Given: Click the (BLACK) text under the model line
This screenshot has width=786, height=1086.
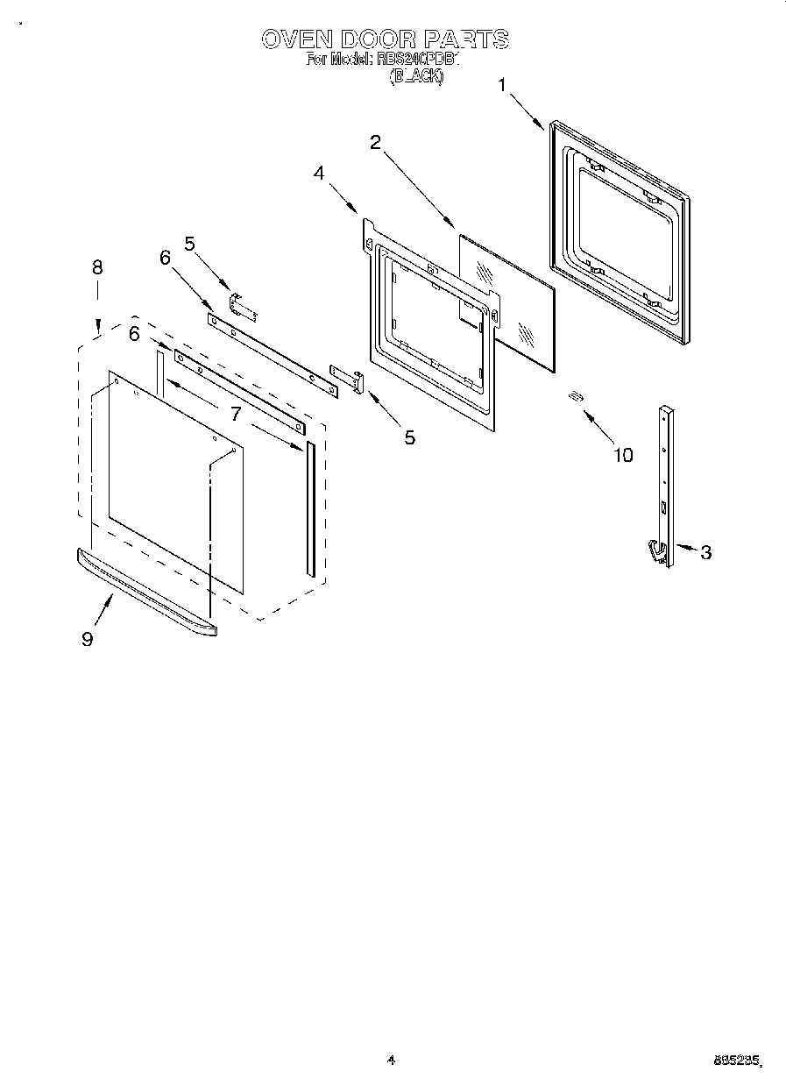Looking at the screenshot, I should coord(417,76).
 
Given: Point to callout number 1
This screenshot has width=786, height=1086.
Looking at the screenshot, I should coord(502,85).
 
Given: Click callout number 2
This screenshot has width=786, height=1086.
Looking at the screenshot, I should coord(375,143).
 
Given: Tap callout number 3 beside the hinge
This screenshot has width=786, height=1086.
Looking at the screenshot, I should coord(705,552).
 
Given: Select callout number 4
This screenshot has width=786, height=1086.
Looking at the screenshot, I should coord(319,173).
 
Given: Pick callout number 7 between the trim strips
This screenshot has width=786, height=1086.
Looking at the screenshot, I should coord(236,413).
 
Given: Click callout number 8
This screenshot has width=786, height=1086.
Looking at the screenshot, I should coord(97,266).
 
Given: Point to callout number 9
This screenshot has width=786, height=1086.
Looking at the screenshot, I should coord(87,639).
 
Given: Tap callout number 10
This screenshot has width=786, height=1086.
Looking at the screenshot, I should coord(622,455).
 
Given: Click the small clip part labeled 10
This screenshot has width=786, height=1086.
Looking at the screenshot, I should coord(575,397).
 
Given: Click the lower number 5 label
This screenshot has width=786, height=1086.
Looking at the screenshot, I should coord(409,437).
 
